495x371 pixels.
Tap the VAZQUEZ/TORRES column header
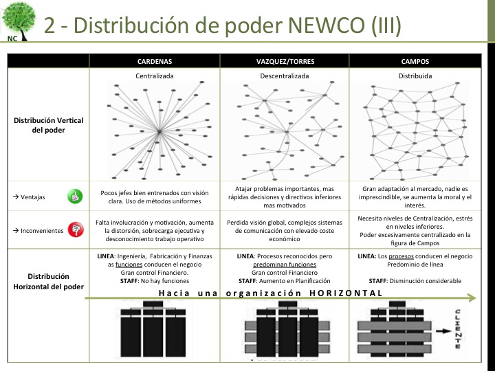tap(285, 61)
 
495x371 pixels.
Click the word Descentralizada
tap(285, 76)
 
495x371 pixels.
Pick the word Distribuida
tap(415, 76)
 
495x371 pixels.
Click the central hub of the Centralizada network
tap(159, 131)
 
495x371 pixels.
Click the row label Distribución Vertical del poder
tap(48, 125)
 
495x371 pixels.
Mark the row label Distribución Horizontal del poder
tap(48, 281)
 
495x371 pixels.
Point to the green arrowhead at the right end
tap(471, 298)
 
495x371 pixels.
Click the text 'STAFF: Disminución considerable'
tap(415, 280)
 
